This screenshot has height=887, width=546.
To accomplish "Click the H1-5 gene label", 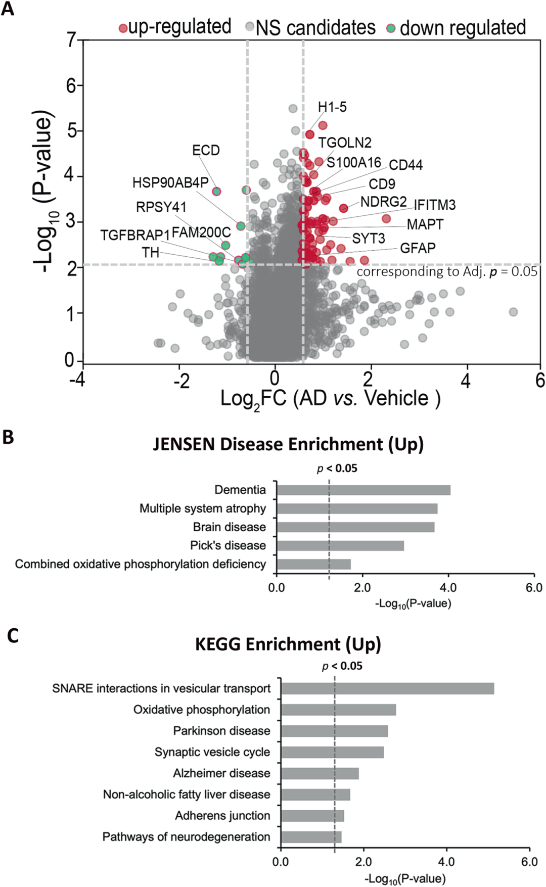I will coord(332,107).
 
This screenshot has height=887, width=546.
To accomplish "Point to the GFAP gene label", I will coord(418,248).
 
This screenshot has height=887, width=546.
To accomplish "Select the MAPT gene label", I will coord(425,224).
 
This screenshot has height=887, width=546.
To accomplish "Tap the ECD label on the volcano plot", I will coord(206,151).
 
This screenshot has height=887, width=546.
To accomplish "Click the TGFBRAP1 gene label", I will coord(135,236).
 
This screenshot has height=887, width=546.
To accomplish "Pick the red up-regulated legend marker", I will coord(123,28).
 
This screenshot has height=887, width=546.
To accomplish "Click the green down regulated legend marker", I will coord(391,28).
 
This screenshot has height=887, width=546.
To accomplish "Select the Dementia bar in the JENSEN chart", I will coord(363,490).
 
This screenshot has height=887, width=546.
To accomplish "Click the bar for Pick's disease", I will coord(340,545).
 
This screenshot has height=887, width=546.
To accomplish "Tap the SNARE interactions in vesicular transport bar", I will coord(387,688).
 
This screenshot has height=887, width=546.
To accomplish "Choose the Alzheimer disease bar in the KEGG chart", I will coord(320,773).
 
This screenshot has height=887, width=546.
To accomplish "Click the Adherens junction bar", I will coord(312,816).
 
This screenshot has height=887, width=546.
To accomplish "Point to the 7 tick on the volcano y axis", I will coord(71,39).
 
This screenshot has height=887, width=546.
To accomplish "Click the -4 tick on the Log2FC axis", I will coord(77,379).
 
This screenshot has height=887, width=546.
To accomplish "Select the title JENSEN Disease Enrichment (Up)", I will coord(288,444).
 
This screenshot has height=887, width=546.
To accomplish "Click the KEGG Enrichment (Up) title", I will coord(288,644).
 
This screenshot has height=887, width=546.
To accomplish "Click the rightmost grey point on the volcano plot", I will coord(513,312).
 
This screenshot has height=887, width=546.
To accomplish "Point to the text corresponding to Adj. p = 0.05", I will coord(447,272).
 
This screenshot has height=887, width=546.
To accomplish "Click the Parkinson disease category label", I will coord(221,731).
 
